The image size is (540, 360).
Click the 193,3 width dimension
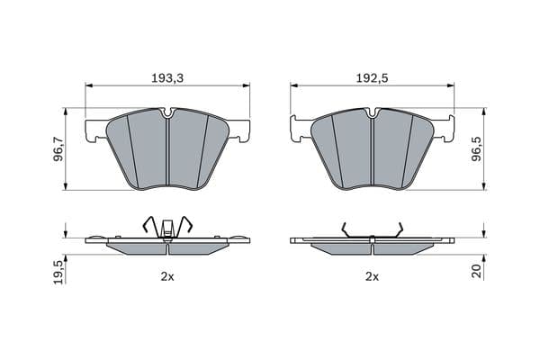167,78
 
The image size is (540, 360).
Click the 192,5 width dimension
372,78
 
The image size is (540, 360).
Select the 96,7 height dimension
58,148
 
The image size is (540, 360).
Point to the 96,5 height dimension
477,148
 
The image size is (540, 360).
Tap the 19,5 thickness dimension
58,272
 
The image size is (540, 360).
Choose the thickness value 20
477,271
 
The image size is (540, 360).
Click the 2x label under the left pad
167,276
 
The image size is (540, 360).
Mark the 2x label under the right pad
372,276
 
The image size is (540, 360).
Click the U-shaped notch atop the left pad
168,113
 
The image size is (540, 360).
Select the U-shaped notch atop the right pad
373,113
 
